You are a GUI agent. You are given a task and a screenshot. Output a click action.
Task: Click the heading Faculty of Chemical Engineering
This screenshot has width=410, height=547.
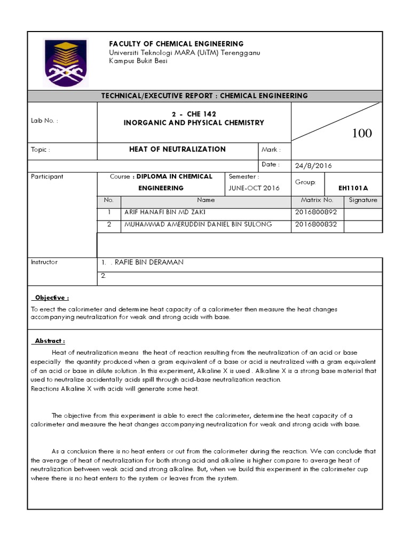(x=176, y=44)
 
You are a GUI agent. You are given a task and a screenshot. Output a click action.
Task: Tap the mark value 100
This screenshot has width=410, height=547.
(x=362, y=133)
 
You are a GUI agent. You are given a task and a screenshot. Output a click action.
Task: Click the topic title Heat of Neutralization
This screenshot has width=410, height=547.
(x=177, y=150)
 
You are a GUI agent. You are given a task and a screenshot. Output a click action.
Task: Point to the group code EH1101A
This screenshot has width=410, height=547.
(x=353, y=188)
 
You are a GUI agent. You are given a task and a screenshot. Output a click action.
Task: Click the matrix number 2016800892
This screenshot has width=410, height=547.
(x=316, y=212)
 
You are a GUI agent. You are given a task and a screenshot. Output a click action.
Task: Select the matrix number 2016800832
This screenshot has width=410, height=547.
(x=316, y=224)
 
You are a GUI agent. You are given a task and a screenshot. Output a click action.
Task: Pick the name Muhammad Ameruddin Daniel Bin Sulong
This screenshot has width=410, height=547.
(x=198, y=224)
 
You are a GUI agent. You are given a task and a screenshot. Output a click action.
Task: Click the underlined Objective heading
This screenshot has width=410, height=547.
(x=52, y=298)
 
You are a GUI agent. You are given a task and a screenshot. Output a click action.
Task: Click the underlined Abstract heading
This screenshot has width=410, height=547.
(x=50, y=341)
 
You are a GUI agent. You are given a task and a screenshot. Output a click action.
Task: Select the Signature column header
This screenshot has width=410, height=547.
(x=362, y=200)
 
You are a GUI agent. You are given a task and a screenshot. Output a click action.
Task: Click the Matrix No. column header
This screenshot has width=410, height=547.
(x=317, y=200)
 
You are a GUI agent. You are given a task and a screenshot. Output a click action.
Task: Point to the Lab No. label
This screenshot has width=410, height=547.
(x=44, y=121)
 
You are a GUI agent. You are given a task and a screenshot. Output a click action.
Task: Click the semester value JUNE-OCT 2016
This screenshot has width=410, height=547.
(x=254, y=188)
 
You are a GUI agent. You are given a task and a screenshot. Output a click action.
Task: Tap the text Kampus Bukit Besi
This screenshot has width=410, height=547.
(x=138, y=61)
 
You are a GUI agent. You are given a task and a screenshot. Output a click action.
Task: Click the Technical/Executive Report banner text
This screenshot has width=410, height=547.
(x=205, y=96)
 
